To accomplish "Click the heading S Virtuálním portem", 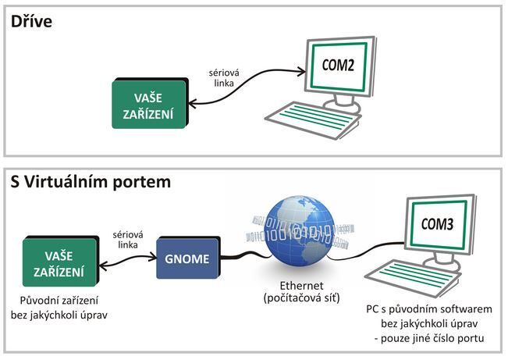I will pos(91,182).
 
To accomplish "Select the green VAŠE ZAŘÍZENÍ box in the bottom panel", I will pos(60,262).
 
